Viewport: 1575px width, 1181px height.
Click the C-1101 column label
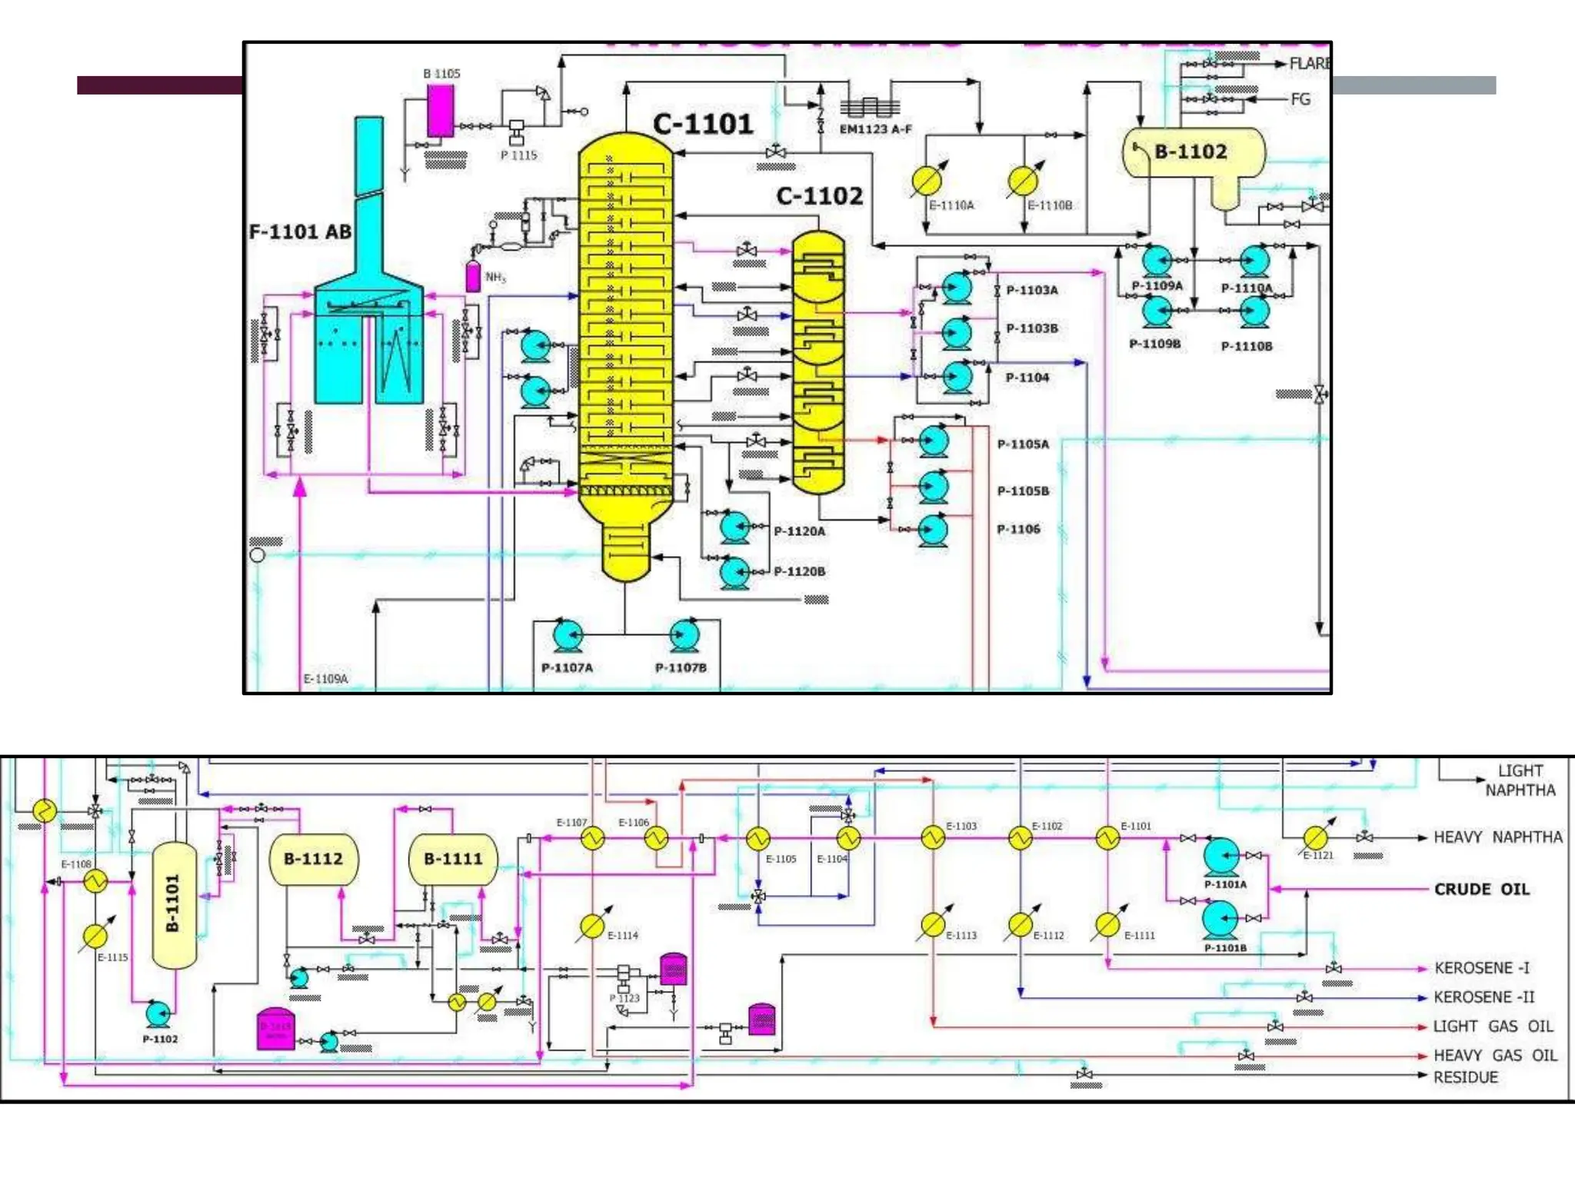[x=702, y=124]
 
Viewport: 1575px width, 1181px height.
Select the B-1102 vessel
[x=1192, y=152]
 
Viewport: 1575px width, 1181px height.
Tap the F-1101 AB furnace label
[x=300, y=231]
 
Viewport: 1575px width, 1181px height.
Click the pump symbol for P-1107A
[x=568, y=636]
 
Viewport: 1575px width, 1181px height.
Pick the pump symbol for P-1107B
[x=684, y=636]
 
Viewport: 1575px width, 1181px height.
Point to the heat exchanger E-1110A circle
[x=926, y=181]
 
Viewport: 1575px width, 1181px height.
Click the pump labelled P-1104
[x=957, y=377]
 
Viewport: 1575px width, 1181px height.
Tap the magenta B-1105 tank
[x=440, y=111]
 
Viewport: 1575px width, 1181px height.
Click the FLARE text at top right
[x=1310, y=64]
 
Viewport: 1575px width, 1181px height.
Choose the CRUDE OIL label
[x=1481, y=890]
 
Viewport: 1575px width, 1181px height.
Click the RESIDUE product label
[x=1465, y=1077]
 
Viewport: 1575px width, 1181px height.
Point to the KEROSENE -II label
[x=1483, y=997]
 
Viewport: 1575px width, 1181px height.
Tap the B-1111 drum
[x=454, y=860]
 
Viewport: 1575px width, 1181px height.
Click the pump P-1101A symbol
[x=1220, y=856]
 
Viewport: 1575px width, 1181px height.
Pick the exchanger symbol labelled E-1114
[x=592, y=927]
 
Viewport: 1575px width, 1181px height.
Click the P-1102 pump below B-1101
[x=158, y=1014]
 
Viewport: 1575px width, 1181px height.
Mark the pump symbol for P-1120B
[x=735, y=572]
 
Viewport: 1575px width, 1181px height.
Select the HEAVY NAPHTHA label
[x=1497, y=837]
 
